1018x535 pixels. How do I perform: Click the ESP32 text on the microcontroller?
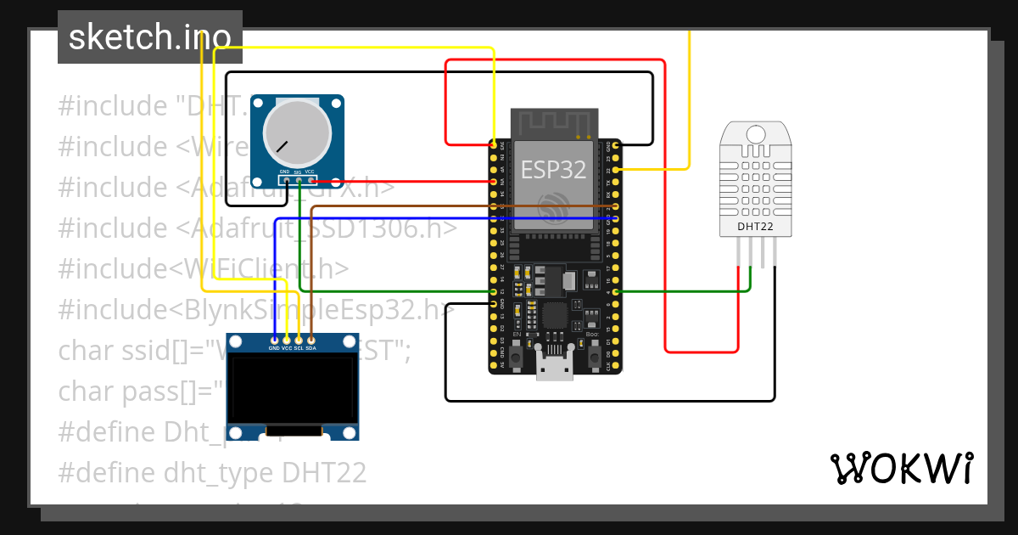[554, 169]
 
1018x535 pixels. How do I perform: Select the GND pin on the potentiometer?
[286, 180]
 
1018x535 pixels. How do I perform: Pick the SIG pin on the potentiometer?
[299, 180]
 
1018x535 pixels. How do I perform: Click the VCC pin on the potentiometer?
[310, 180]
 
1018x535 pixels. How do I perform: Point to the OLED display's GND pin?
[275, 340]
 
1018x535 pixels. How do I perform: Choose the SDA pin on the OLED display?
[311, 340]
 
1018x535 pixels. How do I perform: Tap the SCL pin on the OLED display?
[299, 340]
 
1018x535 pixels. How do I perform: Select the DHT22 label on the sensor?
[755, 226]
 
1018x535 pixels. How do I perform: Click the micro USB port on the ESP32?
[554, 367]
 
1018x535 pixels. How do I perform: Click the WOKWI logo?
[902, 469]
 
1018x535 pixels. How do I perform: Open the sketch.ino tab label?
[150, 37]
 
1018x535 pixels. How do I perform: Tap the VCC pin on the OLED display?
[287, 340]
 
